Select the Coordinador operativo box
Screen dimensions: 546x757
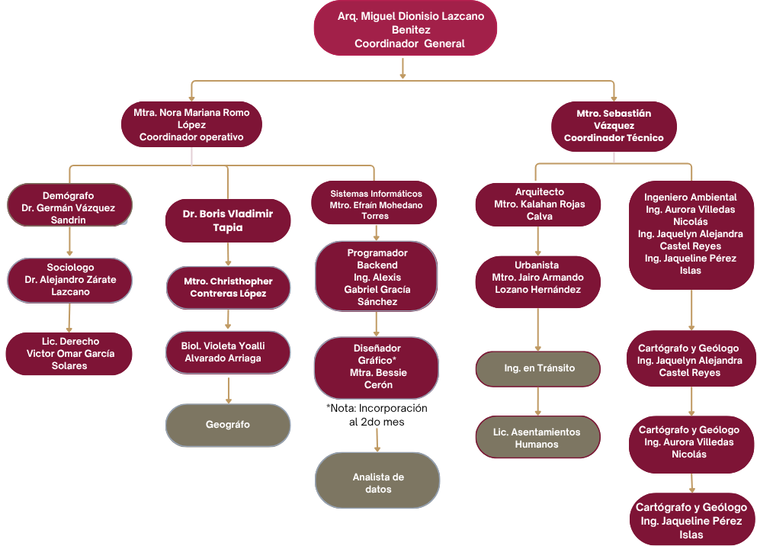191,125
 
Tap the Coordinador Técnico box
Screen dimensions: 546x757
614,126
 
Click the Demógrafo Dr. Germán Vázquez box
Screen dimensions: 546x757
69,204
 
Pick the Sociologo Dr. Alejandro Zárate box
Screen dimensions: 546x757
70,280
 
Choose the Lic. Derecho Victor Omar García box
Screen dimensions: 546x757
69,353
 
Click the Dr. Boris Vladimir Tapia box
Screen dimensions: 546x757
227,220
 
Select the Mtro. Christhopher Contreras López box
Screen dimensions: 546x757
228,287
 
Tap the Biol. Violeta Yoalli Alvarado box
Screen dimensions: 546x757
228,352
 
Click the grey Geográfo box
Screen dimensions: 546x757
228,425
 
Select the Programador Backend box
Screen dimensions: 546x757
377,277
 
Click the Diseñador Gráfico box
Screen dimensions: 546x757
377,367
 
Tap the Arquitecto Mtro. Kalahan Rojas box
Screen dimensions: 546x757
538,204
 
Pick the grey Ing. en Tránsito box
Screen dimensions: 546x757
538,368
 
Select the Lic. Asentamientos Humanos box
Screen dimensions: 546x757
537,438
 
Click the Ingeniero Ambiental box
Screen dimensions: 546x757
691,233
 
